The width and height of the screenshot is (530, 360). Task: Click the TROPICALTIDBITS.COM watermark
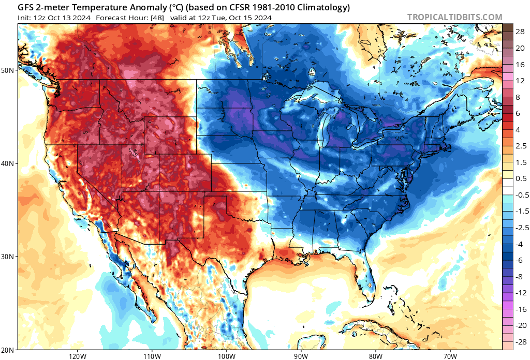pos(454,17)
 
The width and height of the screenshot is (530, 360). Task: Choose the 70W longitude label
pos(450,356)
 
